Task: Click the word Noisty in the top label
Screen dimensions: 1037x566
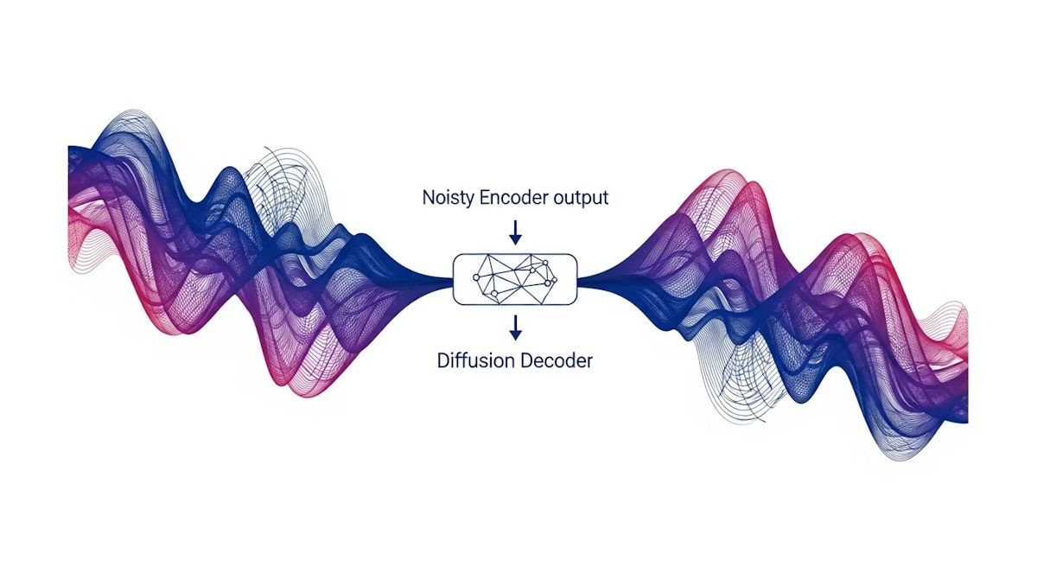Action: tap(449, 198)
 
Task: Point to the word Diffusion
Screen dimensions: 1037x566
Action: tap(475, 360)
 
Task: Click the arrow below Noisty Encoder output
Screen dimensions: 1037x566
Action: tap(515, 232)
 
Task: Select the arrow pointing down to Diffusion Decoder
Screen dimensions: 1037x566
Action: tap(515, 328)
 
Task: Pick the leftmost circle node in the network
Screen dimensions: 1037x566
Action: tap(476, 277)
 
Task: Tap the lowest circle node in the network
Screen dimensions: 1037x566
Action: tap(494, 294)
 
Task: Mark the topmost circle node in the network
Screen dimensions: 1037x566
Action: tap(545, 263)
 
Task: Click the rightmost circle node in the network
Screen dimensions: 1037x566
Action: tap(553, 279)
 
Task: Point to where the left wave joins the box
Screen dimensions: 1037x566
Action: tap(452, 279)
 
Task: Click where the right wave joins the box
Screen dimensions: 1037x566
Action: tap(578, 279)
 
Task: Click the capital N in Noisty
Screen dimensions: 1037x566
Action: tap(429, 198)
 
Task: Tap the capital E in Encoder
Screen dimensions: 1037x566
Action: tap(484, 198)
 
